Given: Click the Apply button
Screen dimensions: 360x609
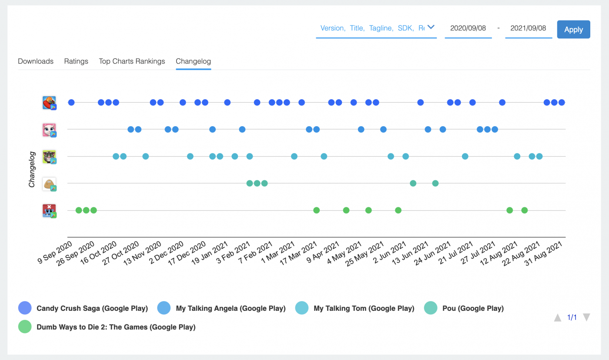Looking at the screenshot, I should pyautogui.click(x=573, y=30).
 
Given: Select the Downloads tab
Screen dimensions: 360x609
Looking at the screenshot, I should pyautogui.click(x=36, y=61).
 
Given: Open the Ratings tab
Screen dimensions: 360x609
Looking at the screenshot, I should pyautogui.click(x=76, y=61).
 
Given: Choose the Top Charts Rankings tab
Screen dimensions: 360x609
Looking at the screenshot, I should pyautogui.click(x=132, y=61).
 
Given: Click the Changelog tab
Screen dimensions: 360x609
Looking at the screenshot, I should pyautogui.click(x=193, y=61).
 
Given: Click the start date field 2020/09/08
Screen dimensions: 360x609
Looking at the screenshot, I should pyautogui.click(x=468, y=28).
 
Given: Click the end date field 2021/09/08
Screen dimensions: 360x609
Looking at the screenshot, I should pyautogui.click(x=528, y=28).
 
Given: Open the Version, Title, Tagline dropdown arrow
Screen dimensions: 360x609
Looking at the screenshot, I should pyautogui.click(x=431, y=27).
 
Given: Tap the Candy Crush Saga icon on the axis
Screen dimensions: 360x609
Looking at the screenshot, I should pyautogui.click(x=49, y=103).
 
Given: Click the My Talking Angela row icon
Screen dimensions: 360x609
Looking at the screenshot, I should pyautogui.click(x=49, y=130).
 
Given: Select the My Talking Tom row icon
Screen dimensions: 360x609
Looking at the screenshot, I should pyautogui.click(x=49, y=157).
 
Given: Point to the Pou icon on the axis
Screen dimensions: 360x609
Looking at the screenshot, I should pyautogui.click(x=49, y=184).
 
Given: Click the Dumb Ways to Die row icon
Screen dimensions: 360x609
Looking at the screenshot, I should pyautogui.click(x=49, y=211).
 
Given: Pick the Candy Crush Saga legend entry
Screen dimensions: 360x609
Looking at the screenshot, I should pyautogui.click(x=92, y=309).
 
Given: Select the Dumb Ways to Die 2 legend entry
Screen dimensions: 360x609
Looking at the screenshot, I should pyautogui.click(x=116, y=327).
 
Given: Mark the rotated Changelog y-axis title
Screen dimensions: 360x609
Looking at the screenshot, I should pyautogui.click(x=32, y=169).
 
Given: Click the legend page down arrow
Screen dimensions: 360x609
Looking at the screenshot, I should pyautogui.click(x=586, y=317).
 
